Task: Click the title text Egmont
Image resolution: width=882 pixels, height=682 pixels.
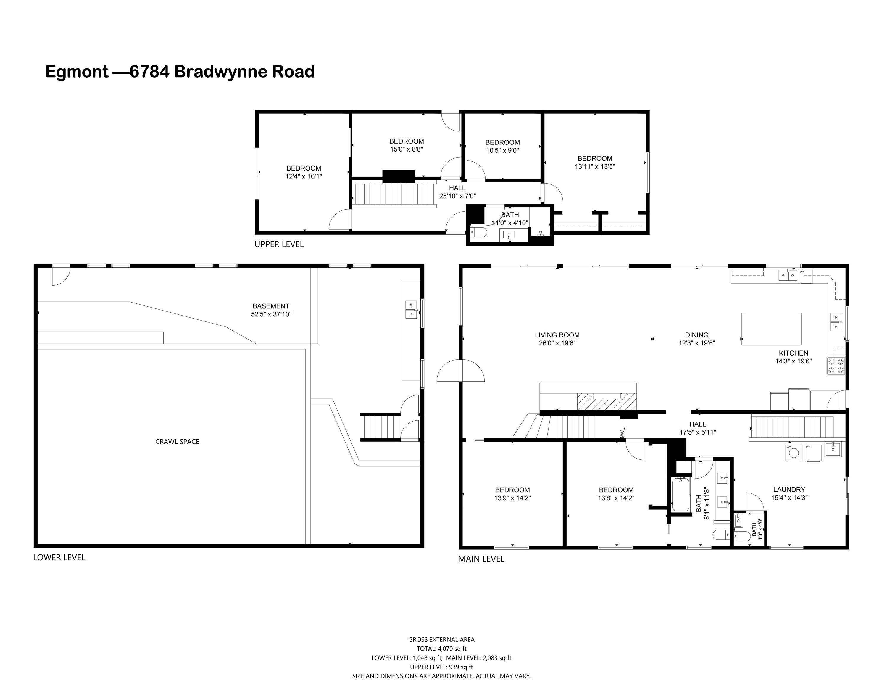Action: pos(77,72)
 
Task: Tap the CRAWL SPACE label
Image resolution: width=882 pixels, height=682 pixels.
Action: pos(177,442)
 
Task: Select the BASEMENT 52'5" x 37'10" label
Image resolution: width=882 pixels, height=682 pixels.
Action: pos(271,310)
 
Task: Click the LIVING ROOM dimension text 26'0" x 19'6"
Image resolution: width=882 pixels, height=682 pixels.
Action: pos(557,343)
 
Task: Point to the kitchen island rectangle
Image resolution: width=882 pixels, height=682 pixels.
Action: pos(771,329)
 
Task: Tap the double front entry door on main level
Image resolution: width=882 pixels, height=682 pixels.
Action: pos(460,371)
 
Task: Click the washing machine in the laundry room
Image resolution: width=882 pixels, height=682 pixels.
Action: pos(794,453)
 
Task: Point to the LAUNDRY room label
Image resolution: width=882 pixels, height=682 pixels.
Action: pos(789,489)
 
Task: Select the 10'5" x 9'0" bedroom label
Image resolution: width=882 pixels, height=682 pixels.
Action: pos(502,146)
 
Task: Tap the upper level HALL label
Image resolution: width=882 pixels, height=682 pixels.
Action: pos(457,188)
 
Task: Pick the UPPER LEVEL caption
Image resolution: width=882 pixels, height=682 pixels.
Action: pos(279,244)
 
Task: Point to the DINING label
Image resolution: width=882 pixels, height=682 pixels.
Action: pos(696,335)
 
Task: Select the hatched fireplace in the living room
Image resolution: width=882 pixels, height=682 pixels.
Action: pos(600,402)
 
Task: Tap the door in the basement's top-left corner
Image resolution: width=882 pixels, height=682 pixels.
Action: pos(61,276)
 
